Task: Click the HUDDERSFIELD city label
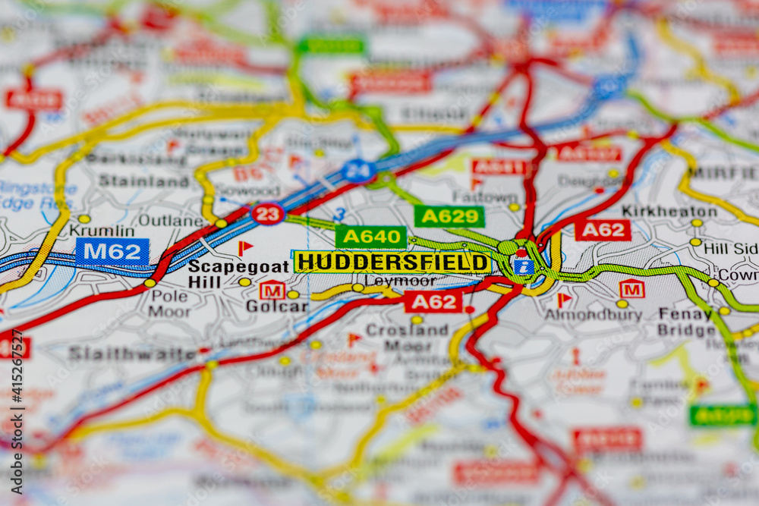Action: click(x=392, y=262)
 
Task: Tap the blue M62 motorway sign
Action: click(x=112, y=252)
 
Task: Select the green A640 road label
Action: click(x=370, y=237)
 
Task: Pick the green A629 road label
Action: click(x=449, y=216)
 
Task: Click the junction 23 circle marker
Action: click(x=267, y=214)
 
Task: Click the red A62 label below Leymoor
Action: click(x=433, y=302)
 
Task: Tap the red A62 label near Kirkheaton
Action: click(x=603, y=230)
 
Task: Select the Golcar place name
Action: click(x=277, y=306)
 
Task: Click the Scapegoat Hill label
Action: click(x=238, y=274)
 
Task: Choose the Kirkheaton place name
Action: click(x=669, y=211)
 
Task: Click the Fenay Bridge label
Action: click(x=686, y=322)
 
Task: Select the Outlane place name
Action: click(x=170, y=221)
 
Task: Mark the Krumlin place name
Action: click(x=102, y=230)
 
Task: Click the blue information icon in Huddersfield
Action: click(x=523, y=266)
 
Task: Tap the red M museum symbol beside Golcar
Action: click(x=272, y=290)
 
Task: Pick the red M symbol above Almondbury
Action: click(x=631, y=288)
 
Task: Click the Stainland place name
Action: click(x=144, y=181)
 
